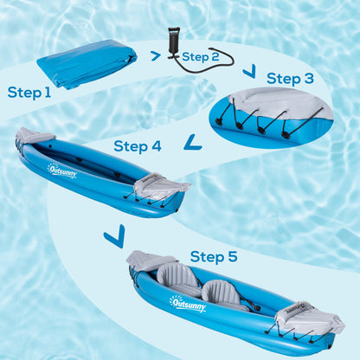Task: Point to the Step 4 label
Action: (x=137, y=146)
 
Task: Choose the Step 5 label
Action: (x=214, y=256)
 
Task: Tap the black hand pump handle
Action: (x=174, y=32)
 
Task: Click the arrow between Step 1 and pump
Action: (x=156, y=56)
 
